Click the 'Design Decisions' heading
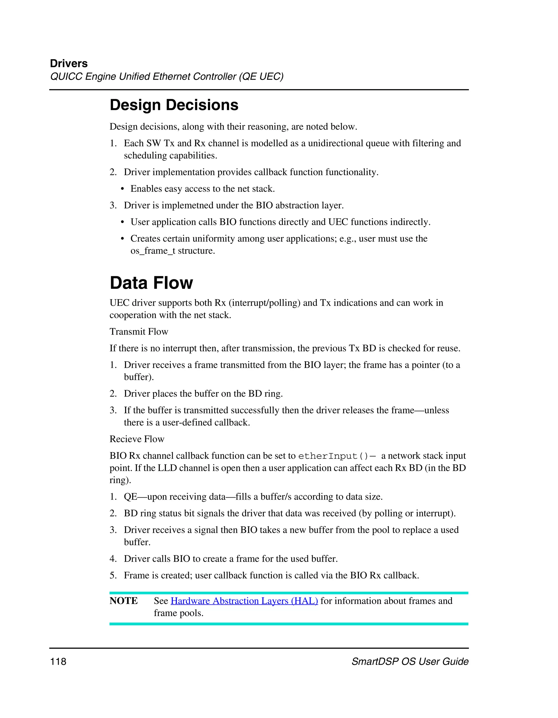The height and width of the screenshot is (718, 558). pyautogui.click(x=174, y=105)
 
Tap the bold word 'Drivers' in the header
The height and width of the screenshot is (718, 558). pyautogui.click(x=69, y=64)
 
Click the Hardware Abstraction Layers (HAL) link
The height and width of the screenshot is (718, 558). pyautogui.click(x=244, y=601)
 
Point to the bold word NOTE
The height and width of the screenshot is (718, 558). pyautogui.click(x=123, y=601)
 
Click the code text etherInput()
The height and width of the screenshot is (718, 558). pyautogui.click(x=333, y=456)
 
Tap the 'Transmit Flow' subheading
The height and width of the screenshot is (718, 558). pyautogui.click(x=139, y=331)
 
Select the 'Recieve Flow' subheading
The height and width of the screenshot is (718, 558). pyautogui.click(x=137, y=439)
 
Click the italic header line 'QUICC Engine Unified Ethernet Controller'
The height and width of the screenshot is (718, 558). pyautogui.click(x=166, y=77)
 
